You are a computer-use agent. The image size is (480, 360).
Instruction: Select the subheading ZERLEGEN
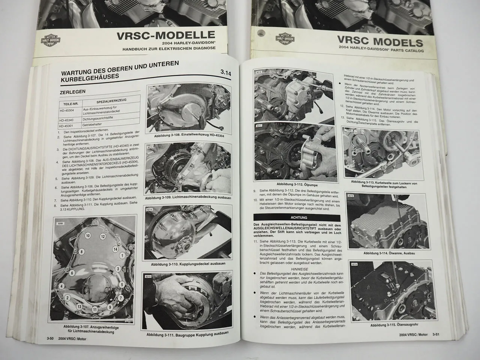tap(72, 91)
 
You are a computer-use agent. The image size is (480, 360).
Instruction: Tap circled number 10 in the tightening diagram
tap(88, 236)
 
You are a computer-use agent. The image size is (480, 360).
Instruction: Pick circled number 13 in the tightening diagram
tap(79, 306)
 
